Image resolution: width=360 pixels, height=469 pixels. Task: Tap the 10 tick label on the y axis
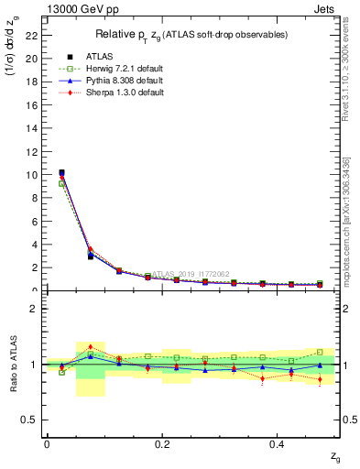32,175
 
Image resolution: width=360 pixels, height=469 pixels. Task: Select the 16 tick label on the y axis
32,104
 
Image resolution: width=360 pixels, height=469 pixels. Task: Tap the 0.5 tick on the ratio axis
32,420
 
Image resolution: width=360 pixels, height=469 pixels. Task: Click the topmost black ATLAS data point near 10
61,172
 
